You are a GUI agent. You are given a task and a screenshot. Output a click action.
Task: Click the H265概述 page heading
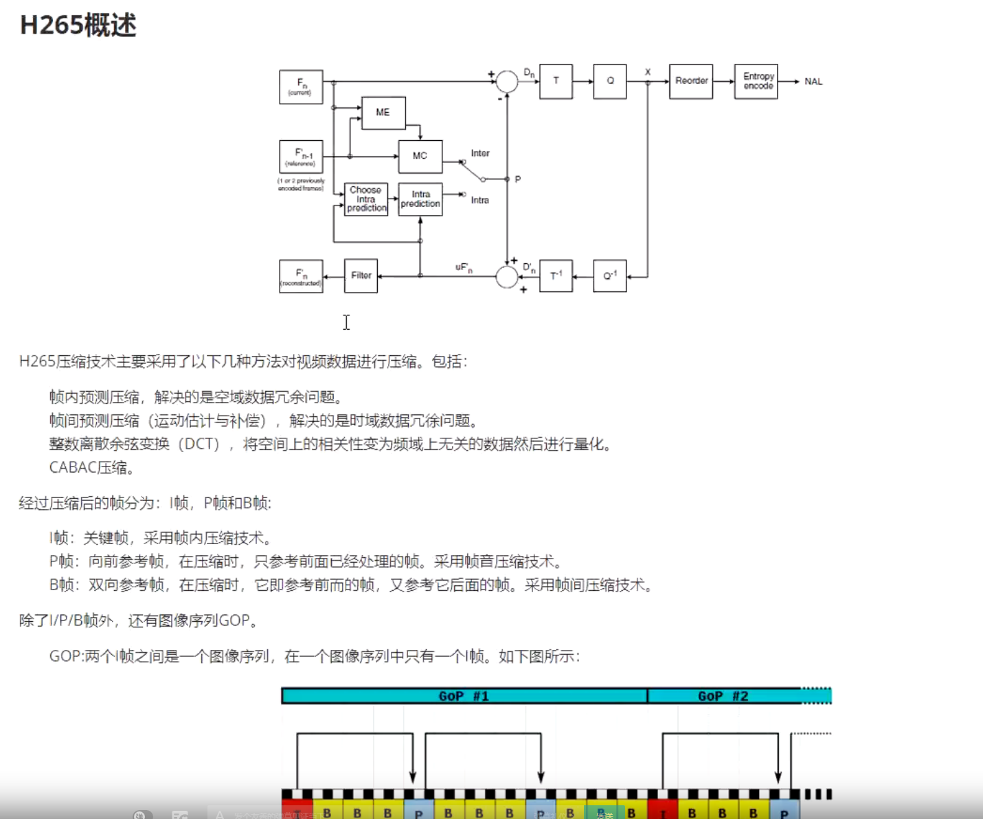click(78, 25)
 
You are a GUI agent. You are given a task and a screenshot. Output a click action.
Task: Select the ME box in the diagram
click(383, 113)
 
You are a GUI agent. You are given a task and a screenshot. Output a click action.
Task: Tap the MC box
click(420, 156)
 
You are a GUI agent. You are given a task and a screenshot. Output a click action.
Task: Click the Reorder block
click(691, 81)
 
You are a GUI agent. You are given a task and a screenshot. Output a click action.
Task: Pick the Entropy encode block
click(756, 81)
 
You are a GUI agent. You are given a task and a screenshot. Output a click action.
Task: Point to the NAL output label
click(813, 82)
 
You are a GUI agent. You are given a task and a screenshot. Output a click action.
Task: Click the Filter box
click(361, 276)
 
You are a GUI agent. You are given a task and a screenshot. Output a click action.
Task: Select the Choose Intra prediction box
click(365, 199)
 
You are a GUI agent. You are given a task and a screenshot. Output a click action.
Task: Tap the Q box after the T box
click(609, 81)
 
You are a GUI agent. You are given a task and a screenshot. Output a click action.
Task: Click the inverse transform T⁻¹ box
click(556, 276)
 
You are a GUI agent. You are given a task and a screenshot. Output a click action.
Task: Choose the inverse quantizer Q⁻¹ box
click(609, 276)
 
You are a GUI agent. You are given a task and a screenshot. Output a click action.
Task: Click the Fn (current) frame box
click(301, 87)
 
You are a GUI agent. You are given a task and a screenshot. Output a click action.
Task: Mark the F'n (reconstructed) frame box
click(301, 276)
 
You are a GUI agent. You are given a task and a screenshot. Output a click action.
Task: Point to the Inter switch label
click(480, 153)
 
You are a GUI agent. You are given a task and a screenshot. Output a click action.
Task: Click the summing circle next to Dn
click(507, 81)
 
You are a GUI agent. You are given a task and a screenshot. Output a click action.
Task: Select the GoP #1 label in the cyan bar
click(464, 696)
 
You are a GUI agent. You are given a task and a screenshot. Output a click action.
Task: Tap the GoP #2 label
click(723, 696)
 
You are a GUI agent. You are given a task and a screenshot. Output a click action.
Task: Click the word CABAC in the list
click(72, 468)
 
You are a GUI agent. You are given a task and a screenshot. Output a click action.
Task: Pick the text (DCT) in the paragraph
click(199, 445)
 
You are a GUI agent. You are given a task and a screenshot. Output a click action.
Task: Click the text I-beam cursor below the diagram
click(346, 322)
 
